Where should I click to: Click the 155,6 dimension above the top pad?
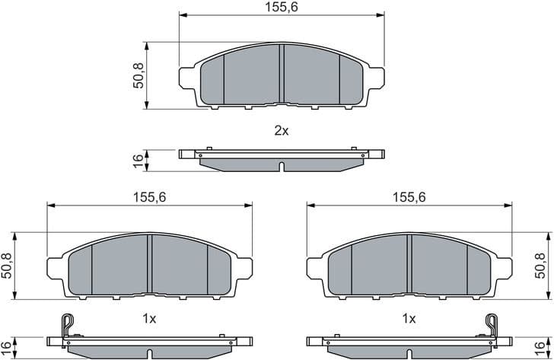click(282, 7)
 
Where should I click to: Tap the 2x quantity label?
click(281, 130)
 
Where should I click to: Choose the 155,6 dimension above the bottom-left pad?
click(150, 196)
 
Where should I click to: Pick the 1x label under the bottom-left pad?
click(149, 319)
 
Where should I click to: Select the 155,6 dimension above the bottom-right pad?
click(409, 196)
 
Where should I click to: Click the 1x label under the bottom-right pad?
click(409, 319)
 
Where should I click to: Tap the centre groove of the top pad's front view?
click(282, 74)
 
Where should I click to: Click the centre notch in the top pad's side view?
click(281, 167)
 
